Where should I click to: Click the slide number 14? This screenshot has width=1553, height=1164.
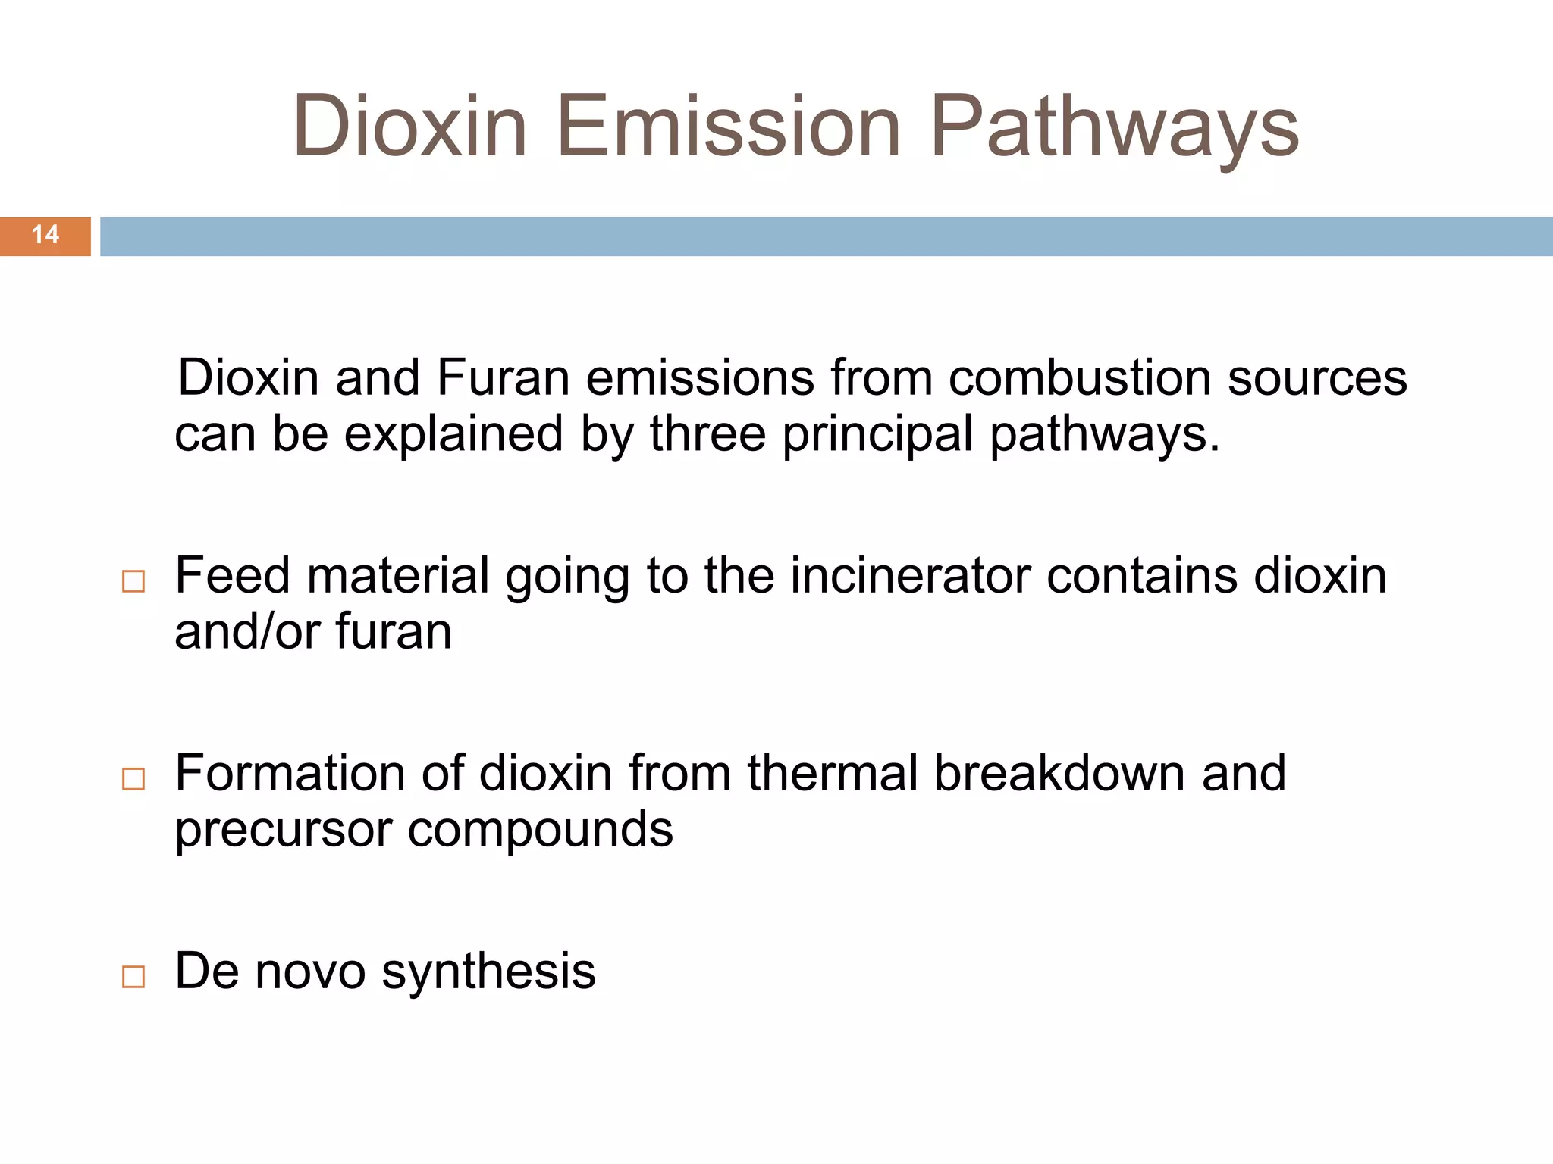(x=45, y=235)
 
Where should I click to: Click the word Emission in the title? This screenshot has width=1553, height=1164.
(x=729, y=126)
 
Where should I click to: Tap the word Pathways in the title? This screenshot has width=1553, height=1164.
(x=1114, y=126)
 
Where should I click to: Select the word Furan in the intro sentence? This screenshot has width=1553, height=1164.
(x=503, y=377)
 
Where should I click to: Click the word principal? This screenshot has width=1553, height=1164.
(x=877, y=435)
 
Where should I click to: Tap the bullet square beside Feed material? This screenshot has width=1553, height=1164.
(x=133, y=581)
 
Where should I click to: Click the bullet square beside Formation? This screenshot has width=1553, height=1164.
(x=133, y=779)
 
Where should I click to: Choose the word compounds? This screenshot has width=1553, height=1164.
(x=540, y=831)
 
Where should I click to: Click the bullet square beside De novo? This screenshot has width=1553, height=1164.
(x=133, y=977)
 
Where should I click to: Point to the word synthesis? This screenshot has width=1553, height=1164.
(x=488, y=972)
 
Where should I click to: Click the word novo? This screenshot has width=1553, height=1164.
(x=310, y=972)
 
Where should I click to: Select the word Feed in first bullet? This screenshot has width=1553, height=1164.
(x=232, y=576)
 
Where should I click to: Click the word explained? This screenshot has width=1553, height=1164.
(x=453, y=435)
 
